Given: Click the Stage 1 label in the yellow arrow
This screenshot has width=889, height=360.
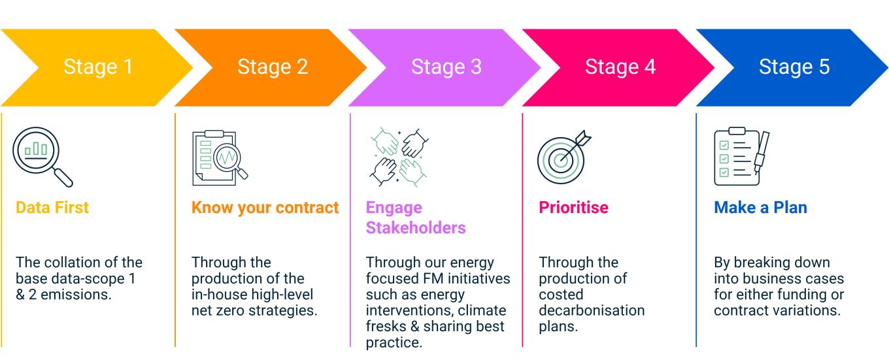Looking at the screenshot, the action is tap(98, 67).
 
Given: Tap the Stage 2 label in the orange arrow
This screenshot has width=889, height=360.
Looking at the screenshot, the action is tap(273, 67).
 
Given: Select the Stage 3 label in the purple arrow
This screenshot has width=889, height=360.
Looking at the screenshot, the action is tap(446, 67).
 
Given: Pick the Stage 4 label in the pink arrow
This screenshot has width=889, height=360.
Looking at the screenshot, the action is tap(620, 67).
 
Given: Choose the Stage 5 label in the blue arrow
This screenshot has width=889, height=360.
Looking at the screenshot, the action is tap(794, 67).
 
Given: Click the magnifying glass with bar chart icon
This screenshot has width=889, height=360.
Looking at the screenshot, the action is tap(42, 157).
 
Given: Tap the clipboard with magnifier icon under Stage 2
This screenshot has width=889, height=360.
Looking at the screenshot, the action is tap(220, 158).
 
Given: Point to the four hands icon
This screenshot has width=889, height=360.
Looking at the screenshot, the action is tap(399, 157).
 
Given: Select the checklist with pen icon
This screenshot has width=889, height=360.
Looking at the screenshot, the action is tap(741, 157).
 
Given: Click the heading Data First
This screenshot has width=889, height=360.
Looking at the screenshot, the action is tap(52, 207).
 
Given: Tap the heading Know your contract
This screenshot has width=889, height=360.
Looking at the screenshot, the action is tap(265, 207).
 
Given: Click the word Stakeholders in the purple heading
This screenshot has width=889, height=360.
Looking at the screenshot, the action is tap(416, 228).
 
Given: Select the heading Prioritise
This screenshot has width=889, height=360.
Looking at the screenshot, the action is tap(573, 207).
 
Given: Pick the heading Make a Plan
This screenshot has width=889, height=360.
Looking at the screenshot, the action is tap(760, 207).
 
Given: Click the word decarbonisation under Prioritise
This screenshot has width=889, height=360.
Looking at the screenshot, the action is tap(592, 310).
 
